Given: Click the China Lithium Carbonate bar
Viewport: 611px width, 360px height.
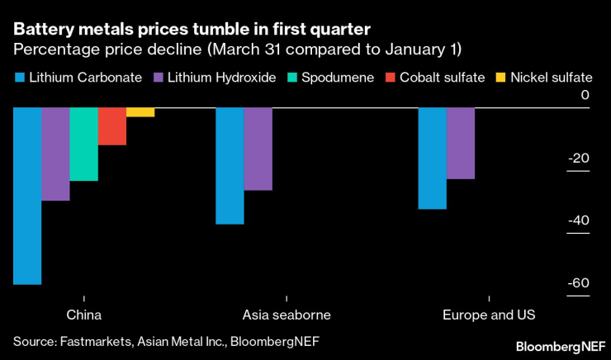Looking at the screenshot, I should pyautogui.click(x=27, y=196).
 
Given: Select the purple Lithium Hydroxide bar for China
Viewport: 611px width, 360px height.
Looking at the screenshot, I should pyautogui.click(x=55, y=154).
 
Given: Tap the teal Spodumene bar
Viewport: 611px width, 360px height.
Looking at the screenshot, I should pyautogui.click(x=83, y=144).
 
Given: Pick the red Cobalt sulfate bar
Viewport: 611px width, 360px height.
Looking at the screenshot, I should pyautogui.click(x=112, y=126).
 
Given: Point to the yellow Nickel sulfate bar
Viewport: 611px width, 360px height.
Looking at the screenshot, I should pyautogui.click(x=140, y=112).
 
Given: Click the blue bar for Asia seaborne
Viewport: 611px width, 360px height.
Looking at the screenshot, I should pyautogui.click(x=230, y=166).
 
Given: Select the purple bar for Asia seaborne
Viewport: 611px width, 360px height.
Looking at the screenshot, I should pyautogui.click(x=258, y=149).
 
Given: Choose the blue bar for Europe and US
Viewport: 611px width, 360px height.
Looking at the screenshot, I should pyautogui.click(x=433, y=159).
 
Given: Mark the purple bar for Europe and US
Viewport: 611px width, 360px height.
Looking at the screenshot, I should pyautogui.click(x=461, y=143).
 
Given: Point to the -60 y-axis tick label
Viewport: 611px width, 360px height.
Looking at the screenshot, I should pyautogui.click(x=579, y=283).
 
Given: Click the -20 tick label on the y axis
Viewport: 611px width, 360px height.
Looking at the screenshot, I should pyautogui.click(x=579, y=159).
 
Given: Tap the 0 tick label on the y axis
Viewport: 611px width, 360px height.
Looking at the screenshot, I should pyautogui.click(x=585, y=96).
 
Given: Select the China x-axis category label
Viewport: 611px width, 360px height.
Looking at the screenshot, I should pyautogui.click(x=83, y=315).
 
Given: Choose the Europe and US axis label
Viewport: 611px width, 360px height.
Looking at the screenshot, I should pyautogui.click(x=489, y=315).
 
